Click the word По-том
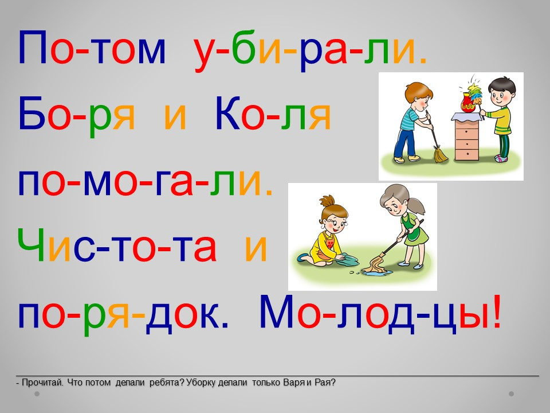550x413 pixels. pyautogui.click(x=92, y=48)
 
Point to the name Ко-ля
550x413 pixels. pyautogui.click(x=273, y=114)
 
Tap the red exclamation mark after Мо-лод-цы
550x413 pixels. pyautogui.click(x=496, y=311)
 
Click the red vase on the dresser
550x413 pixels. pyautogui.click(x=468, y=103)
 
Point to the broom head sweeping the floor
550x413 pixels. pyautogui.click(x=440, y=154)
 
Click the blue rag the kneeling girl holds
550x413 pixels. pyautogui.click(x=347, y=259)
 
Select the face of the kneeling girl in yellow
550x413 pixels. pyautogui.click(x=335, y=223)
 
